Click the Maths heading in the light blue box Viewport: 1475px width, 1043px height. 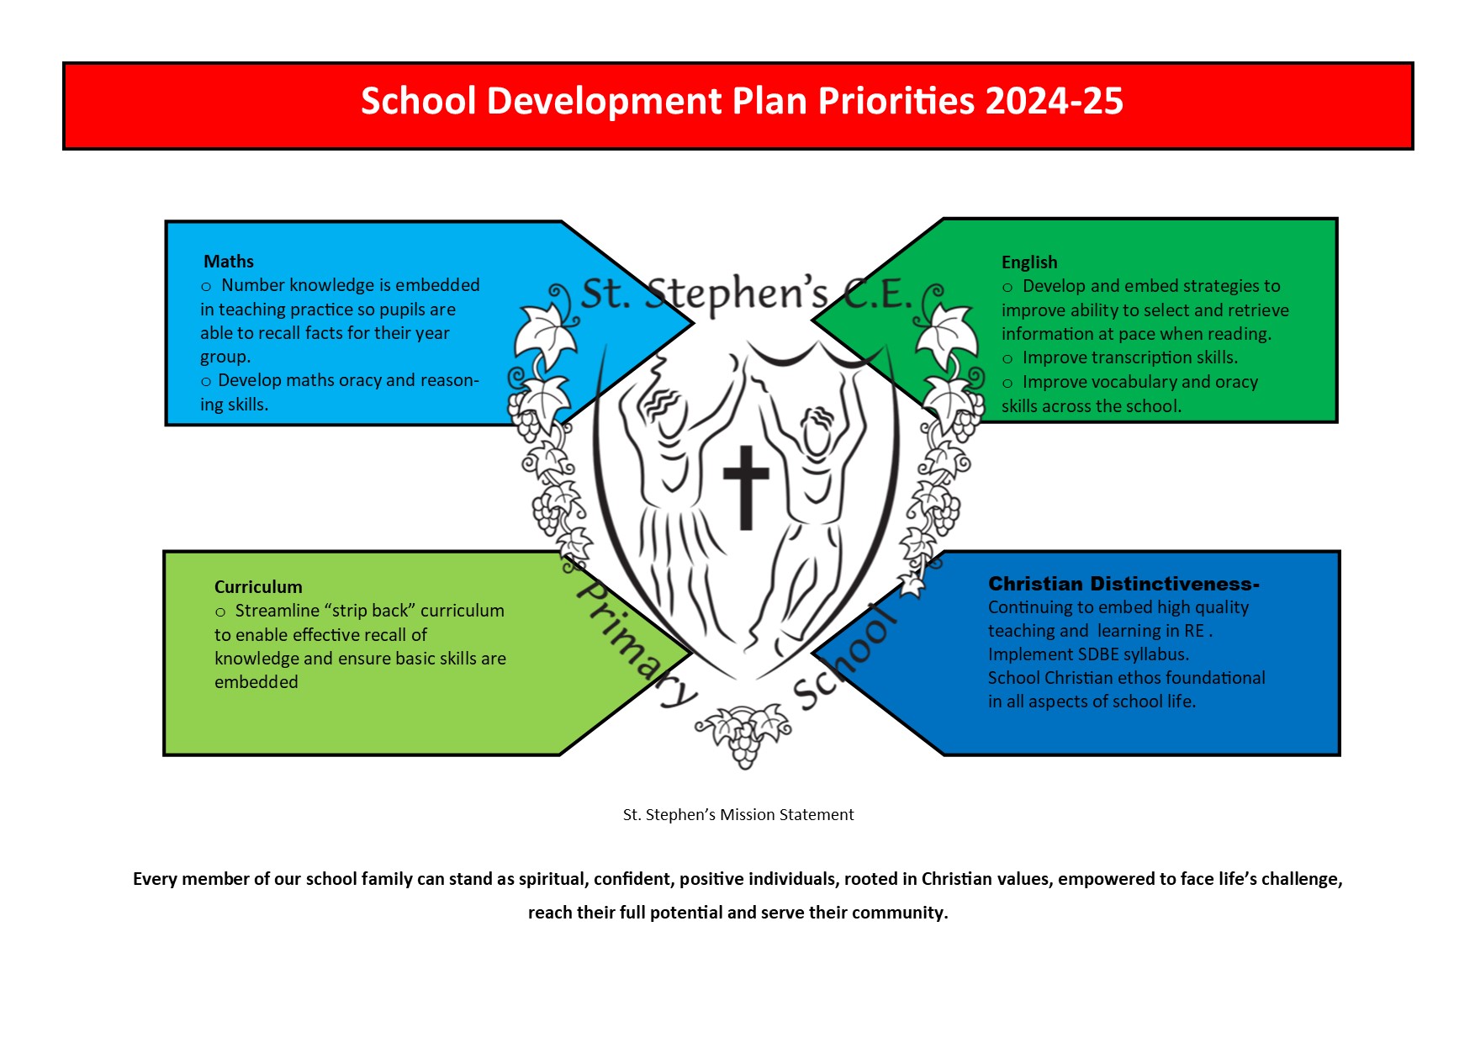(229, 262)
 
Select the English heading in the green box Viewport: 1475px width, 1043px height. (1029, 262)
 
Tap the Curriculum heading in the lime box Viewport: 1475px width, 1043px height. (258, 587)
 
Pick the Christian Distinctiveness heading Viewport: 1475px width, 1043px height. (1123, 584)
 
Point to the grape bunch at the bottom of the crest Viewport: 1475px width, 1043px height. (744, 737)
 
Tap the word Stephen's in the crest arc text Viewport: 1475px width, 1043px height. (737, 294)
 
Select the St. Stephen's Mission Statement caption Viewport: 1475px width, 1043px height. (738, 814)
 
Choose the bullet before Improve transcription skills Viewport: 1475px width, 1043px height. (1007, 359)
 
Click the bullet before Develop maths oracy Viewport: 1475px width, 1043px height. (206, 382)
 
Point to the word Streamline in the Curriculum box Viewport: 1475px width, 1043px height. (277, 611)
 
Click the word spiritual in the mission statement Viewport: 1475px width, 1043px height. (552, 879)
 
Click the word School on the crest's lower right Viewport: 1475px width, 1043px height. (844, 657)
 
